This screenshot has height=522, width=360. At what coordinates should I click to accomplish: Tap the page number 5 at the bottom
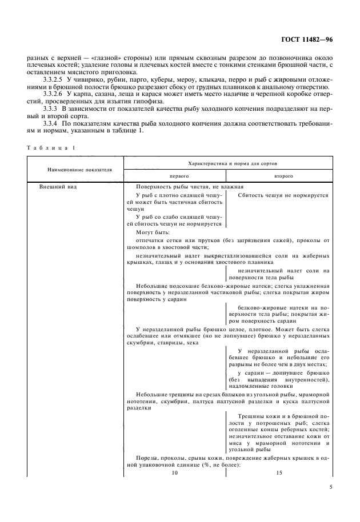[331, 487]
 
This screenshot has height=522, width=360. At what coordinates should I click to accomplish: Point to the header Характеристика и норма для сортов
[228, 163]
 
